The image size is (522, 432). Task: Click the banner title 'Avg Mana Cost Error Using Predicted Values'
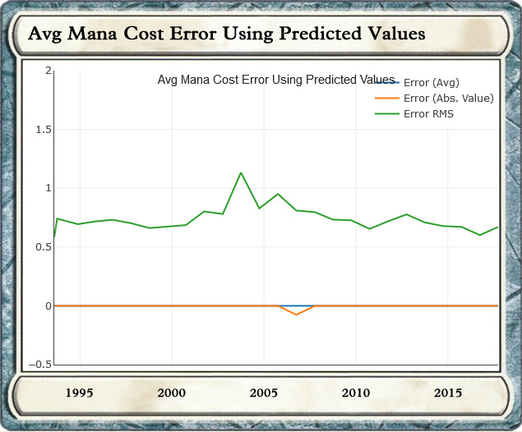[226, 34]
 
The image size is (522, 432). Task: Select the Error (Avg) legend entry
[431, 83]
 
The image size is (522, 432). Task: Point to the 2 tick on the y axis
[49, 71]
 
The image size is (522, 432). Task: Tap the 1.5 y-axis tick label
[43, 130]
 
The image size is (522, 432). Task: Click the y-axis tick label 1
[49, 188]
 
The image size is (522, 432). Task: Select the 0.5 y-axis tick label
[43, 247]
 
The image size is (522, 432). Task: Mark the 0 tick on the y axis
[49, 306]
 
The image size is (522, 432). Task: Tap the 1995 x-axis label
[80, 393]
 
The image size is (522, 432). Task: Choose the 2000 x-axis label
[172, 393]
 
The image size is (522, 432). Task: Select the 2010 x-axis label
[356, 393]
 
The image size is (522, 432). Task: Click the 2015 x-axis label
[448, 393]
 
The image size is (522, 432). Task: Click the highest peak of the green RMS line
[241, 172]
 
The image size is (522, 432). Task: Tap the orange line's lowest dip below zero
[296, 315]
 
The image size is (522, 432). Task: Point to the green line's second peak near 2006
[278, 194]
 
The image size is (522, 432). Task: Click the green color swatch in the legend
[386, 114]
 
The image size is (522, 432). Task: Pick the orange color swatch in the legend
[386, 99]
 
